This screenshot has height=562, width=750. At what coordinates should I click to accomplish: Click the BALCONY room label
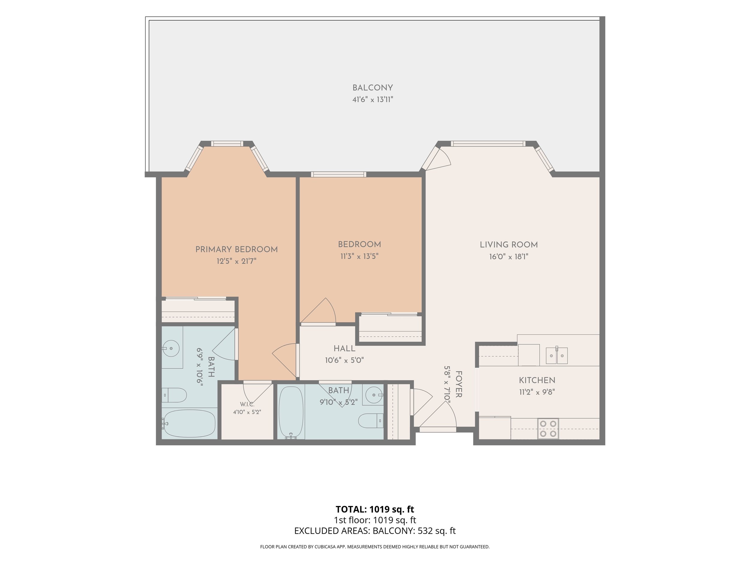coord(373,88)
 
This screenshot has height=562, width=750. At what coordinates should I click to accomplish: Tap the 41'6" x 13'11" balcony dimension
coord(373,100)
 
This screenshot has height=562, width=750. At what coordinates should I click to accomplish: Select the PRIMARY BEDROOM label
coord(237,250)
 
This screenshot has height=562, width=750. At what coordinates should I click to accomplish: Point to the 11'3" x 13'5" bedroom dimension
coord(359,256)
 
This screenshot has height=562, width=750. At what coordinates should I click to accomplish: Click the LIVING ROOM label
coord(508,245)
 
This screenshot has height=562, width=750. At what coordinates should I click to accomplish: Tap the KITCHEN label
coord(537,380)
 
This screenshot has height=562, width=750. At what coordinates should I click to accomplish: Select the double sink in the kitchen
coord(557,355)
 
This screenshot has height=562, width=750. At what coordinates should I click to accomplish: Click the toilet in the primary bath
coord(174,395)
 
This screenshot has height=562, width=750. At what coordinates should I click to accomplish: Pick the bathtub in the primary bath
coord(188,424)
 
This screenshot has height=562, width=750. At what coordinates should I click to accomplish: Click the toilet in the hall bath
coord(371,421)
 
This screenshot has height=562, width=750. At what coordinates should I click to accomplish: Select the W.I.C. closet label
coord(247,404)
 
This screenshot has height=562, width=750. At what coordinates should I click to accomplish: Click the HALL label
coord(344,349)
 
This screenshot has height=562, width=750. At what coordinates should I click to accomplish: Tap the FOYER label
coord(458,384)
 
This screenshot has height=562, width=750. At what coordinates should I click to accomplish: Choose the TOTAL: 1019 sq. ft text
coord(375,509)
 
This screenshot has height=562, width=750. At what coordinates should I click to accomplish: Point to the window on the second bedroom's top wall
coord(339,174)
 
